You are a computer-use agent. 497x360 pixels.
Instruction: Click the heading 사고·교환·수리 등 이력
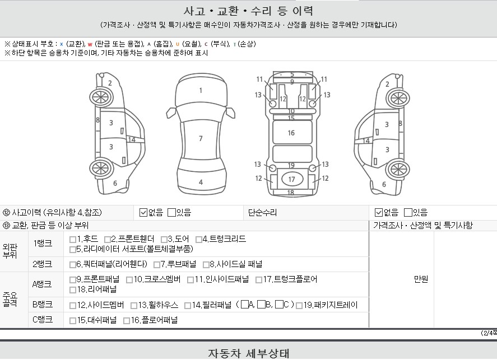coord(248,11)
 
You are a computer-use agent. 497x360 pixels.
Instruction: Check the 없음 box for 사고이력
coord(143,212)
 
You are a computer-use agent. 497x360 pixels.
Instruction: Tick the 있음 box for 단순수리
coord(408,212)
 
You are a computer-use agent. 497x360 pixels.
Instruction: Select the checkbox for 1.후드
coord(73,239)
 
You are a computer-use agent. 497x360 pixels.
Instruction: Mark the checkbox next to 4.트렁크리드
coord(199,239)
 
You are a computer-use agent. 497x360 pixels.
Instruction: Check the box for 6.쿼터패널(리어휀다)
coord(73,264)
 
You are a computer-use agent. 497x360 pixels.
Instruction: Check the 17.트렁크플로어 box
coord(259,279)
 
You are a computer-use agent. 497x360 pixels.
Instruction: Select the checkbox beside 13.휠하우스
coord(134,305)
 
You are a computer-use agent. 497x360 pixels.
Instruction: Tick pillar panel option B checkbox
coord(261,305)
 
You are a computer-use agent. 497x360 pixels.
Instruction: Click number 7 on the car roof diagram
coord(201,138)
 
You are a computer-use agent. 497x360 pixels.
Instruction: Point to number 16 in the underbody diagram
coord(291,133)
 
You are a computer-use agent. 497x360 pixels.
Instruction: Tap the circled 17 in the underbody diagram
coord(291,179)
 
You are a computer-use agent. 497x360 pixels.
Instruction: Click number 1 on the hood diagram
coord(201,90)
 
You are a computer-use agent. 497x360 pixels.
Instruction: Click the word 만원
coord(421,279)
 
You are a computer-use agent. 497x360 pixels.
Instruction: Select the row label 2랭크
coord(43,264)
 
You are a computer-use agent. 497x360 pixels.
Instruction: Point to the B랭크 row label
coord(43,305)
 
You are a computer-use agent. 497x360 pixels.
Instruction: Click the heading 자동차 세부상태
coord(248,353)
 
